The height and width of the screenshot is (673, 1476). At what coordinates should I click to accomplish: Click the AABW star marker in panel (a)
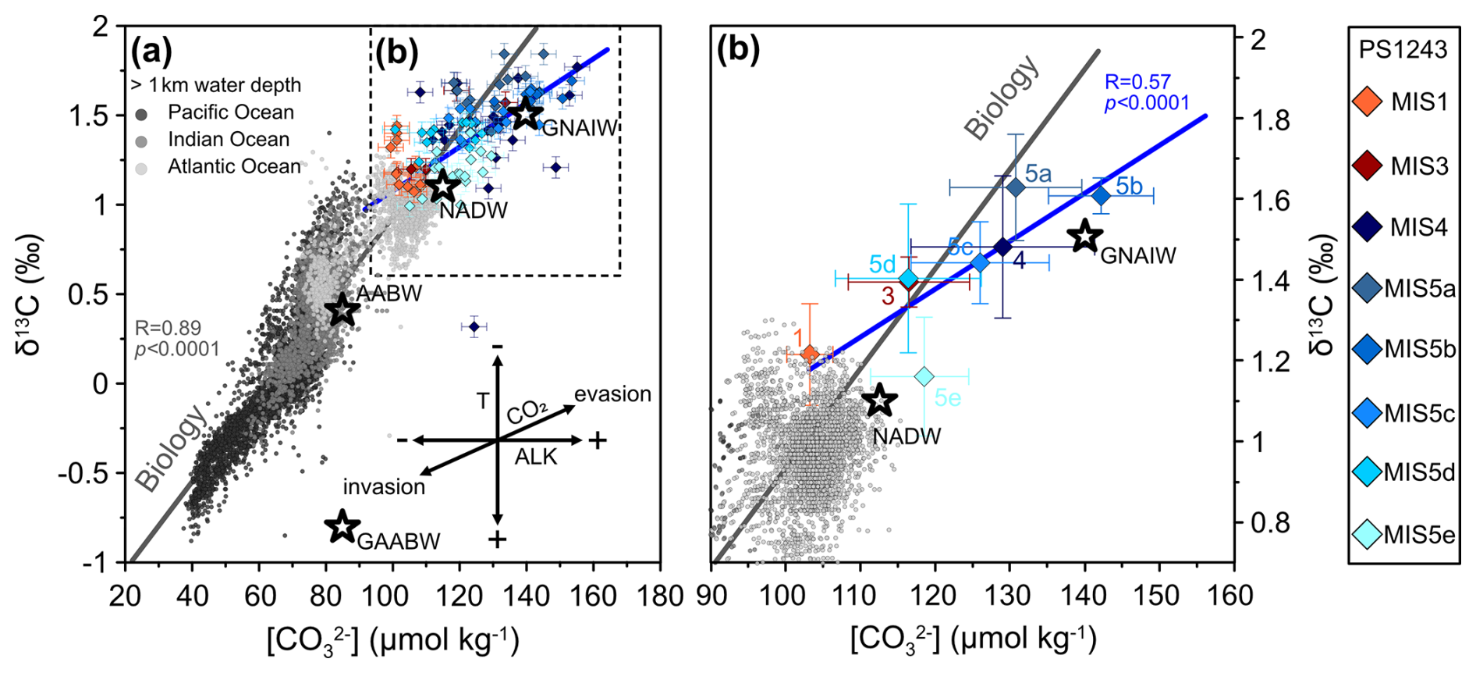pyautogui.click(x=342, y=310)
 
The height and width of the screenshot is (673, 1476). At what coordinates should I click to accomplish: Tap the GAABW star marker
pyautogui.click(x=342, y=526)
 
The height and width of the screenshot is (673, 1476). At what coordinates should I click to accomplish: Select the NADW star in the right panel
pyautogui.click(x=880, y=400)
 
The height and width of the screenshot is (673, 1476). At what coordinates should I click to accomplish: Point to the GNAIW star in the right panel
pyautogui.click(x=1084, y=236)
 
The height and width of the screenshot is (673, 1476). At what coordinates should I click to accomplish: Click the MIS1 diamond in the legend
pyautogui.click(x=1368, y=102)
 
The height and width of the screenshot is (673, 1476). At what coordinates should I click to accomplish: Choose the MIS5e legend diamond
pyautogui.click(x=1368, y=535)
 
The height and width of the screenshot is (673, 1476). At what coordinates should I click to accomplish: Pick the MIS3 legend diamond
pyautogui.click(x=1368, y=166)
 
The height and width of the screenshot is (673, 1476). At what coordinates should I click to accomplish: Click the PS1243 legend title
pyautogui.click(x=1403, y=50)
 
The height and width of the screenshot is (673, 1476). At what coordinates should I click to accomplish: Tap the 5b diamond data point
pyautogui.click(x=1101, y=196)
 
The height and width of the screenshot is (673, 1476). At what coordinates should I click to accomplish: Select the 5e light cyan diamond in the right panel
pyautogui.click(x=924, y=377)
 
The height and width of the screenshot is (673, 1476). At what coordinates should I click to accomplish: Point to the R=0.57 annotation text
pyautogui.click(x=1137, y=82)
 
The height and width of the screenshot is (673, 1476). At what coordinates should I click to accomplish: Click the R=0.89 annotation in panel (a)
pyautogui.click(x=168, y=328)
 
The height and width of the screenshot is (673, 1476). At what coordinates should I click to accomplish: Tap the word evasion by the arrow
pyautogui.click(x=612, y=394)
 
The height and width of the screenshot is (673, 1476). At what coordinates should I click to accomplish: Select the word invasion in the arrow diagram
pyautogui.click(x=384, y=487)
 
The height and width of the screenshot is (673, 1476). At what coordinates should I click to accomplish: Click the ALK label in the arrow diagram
pyautogui.click(x=536, y=458)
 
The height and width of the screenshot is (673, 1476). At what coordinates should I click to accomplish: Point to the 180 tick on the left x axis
pyautogui.click(x=661, y=596)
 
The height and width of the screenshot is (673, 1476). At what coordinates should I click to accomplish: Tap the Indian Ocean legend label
pyautogui.click(x=229, y=140)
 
